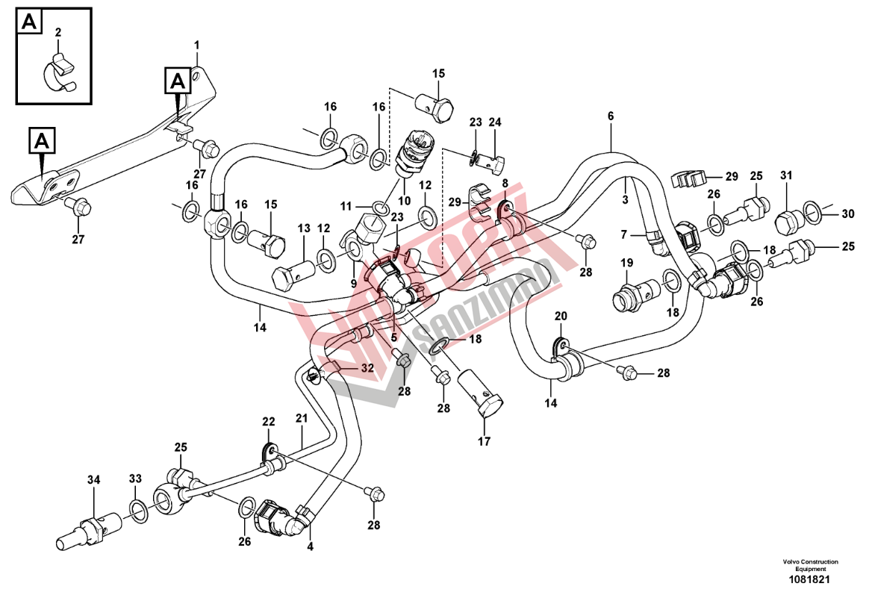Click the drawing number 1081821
click(810, 579)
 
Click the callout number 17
click(484, 442)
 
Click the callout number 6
click(610, 116)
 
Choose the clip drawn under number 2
click(58, 71)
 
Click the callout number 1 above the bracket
click(197, 46)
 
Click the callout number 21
click(301, 419)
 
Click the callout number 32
click(367, 368)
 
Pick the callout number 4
click(311, 546)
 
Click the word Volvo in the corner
click(791, 561)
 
